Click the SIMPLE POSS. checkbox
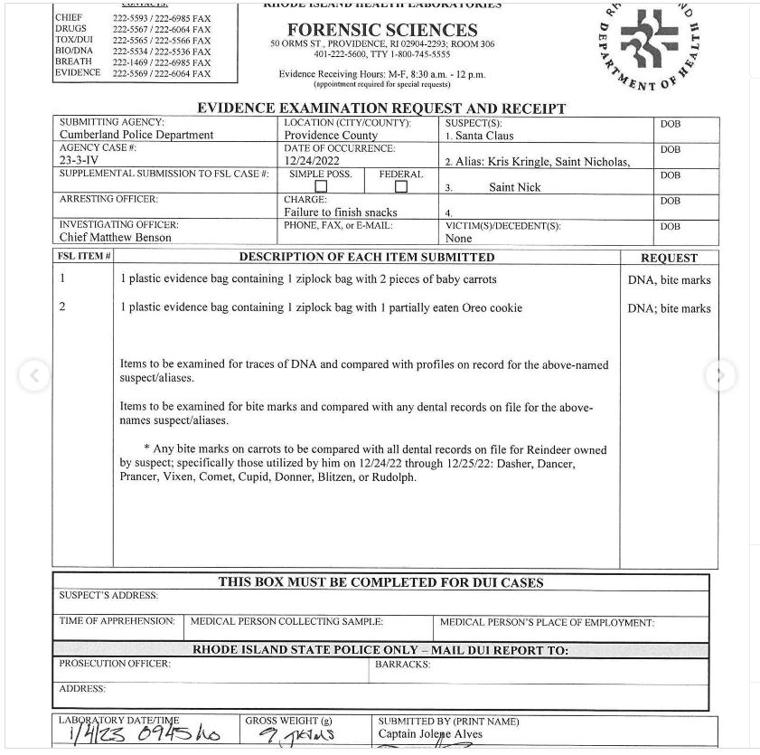(x=321, y=187)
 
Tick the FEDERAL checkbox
(x=401, y=187)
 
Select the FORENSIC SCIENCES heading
(x=382, y=30)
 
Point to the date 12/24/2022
(x=312, y=161)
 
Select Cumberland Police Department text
(x=136, y=135)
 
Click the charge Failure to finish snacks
(x=341, y=212)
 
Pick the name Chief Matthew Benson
(x=115, y=238)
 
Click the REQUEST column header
(x=669, y=258)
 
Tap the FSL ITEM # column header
(x=84, y=257)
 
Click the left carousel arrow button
(x=34, y=375)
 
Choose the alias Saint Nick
(x=515, y=187)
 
